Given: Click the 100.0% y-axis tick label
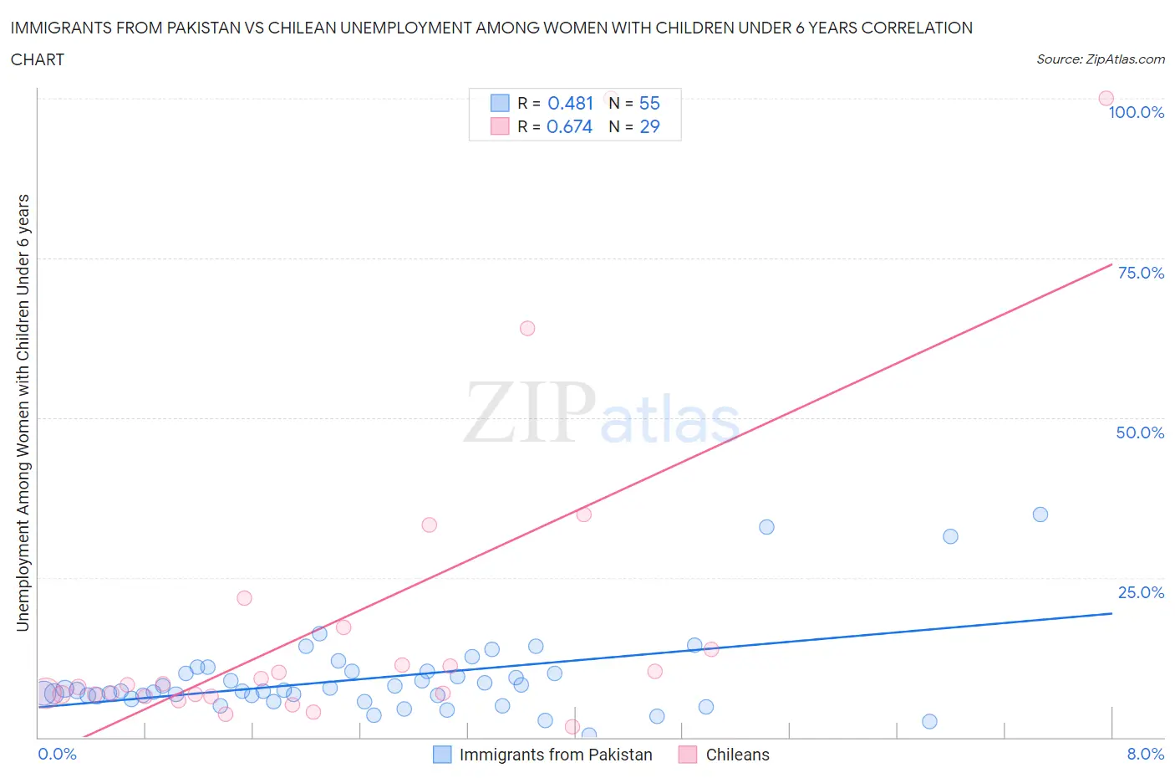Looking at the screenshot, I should [x=1136, y=112].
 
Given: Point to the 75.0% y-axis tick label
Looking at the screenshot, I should [x=1141, y=273].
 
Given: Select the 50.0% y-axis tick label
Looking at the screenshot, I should [x=1140, y=433].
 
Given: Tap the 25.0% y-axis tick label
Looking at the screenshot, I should [x=1141, y=592].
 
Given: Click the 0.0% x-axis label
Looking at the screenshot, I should [x=57, y=754].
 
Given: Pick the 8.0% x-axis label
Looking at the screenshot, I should [x=1145, y=754].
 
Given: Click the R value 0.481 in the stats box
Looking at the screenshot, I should [x=570, y=103].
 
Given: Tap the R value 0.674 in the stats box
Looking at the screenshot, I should [x=569, y=126].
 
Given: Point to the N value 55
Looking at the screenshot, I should [x=649, y=103].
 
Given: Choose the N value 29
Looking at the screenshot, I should [x=649, y=126].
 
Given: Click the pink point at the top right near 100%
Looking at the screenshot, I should [x=1106, y=99].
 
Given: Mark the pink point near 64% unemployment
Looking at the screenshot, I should [x=527, y=328].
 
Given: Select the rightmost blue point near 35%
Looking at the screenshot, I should [x=1040, y=514].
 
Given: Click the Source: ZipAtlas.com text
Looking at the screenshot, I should [x=1100, y=59].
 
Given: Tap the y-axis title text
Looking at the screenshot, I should [x=23, y=412].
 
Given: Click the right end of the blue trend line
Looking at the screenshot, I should [x=1111, y=613].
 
